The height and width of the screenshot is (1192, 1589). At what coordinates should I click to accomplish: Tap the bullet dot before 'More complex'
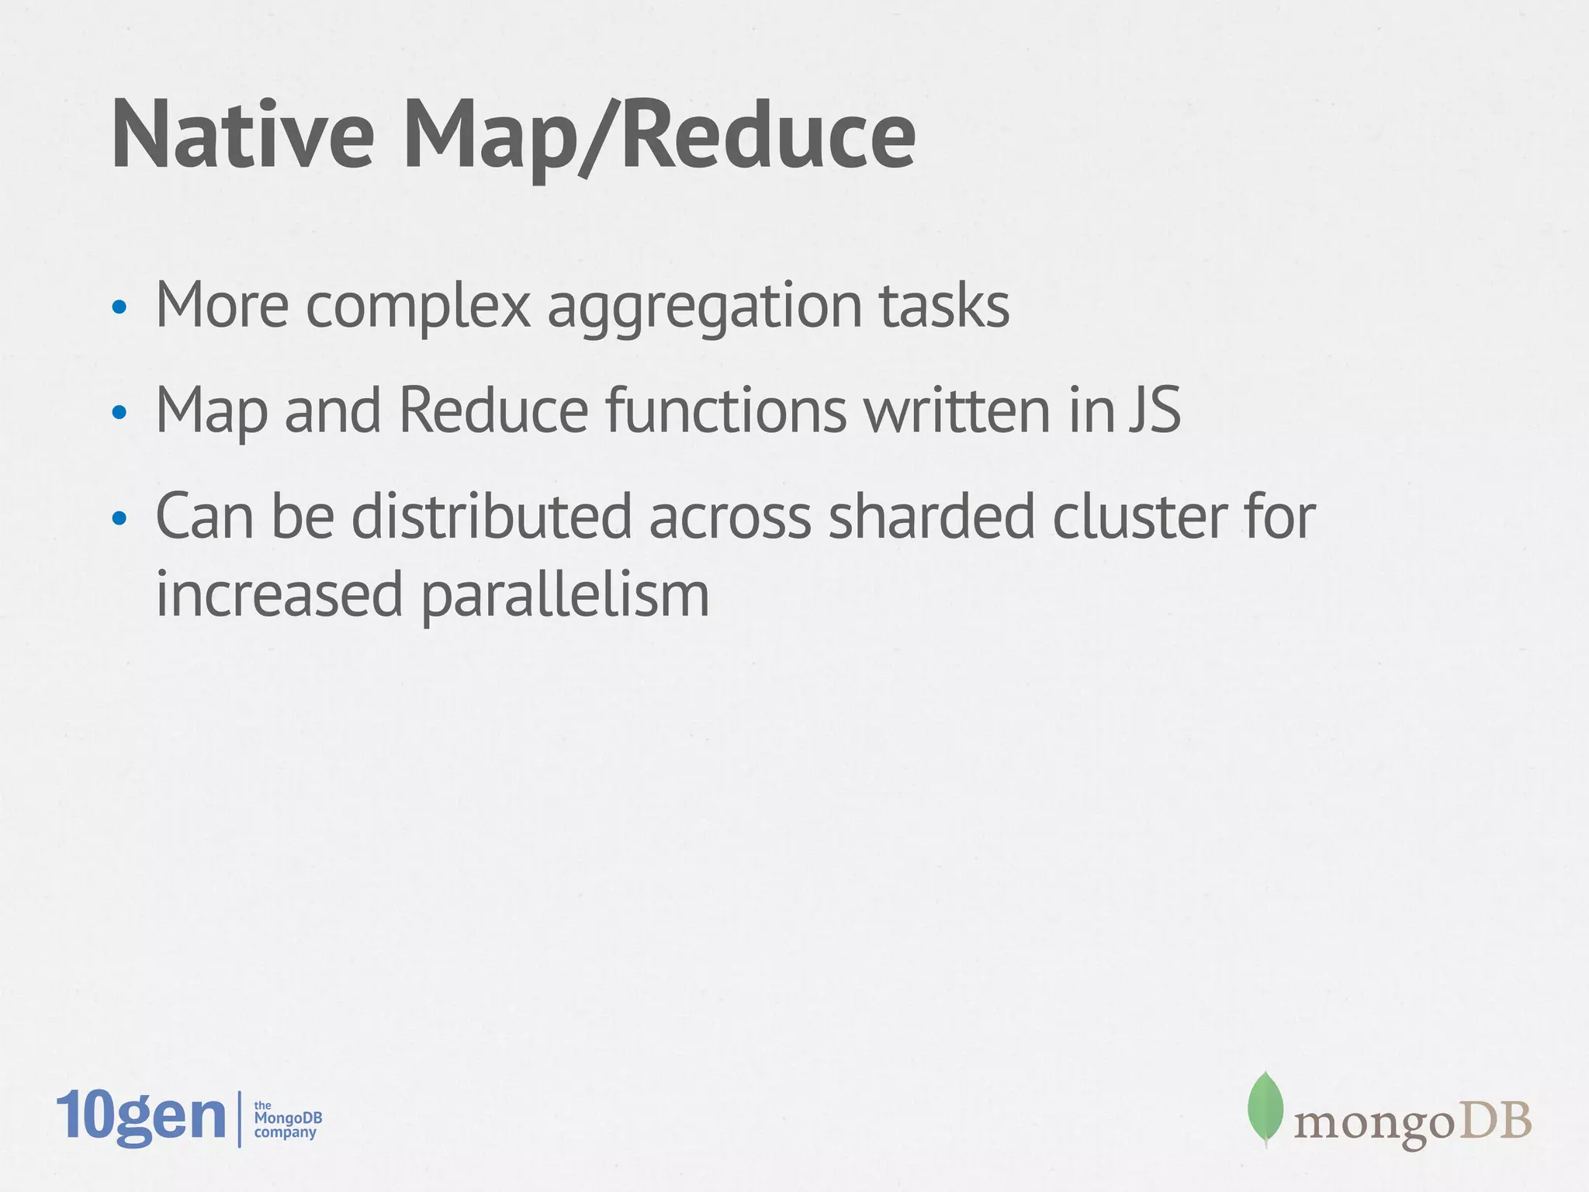[119, 308]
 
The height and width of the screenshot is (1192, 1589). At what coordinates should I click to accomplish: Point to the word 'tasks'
[944, 306]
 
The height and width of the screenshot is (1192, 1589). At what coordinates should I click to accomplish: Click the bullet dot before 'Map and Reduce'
[119, 413]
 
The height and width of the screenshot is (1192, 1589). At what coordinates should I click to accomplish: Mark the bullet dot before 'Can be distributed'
[119, 518]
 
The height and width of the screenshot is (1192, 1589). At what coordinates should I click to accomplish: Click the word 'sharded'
[931, 517]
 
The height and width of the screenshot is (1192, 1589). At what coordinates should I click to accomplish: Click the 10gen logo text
[141, 1117]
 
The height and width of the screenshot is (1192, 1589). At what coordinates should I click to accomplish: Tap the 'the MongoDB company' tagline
[287, 1119]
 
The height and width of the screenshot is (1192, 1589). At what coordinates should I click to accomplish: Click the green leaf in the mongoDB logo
[1265, 1108]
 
